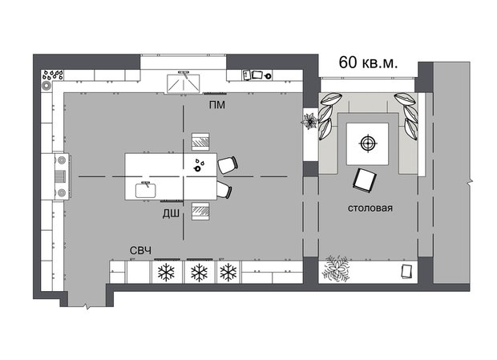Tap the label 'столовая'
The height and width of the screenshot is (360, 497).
pyautogui.click(x=370, y=209)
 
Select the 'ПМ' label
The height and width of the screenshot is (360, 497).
pyautogui.click(x=216, y=105)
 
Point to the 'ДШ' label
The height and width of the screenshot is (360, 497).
pyautogui.click(x=171, y=214)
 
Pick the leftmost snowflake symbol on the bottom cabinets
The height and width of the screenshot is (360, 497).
pyautogui.click(x=167, y=273)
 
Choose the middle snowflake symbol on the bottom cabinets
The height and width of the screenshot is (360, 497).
pyautogui.click(x=199, y=273)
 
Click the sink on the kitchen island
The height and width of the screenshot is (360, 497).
pyautogui.click(x=146, y=189)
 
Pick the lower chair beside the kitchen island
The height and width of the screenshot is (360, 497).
pyautogui.click(x=224, y=190)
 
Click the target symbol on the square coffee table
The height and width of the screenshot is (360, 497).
pyautogui.click(x=367, y=144)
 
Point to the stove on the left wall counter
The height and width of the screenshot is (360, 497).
pyautogui.click(x=59, y=176)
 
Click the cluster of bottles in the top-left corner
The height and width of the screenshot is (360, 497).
pyautogui.click(x=52, y=77)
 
